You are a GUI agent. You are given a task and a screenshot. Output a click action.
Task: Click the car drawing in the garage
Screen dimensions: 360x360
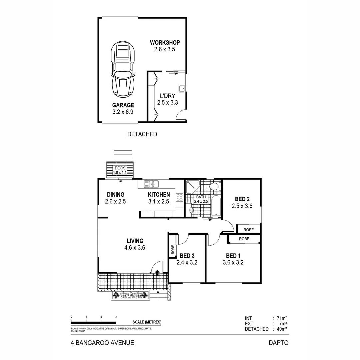coord(123,69)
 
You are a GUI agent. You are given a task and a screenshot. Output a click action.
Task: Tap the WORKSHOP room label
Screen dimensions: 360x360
coord(165,43)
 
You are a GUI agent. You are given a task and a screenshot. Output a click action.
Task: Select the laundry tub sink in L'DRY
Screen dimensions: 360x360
coord(182,88)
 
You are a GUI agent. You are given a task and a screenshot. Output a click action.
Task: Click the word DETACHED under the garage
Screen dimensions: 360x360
coord(142,134)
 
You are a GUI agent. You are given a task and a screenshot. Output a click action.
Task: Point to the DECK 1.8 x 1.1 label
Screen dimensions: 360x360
coord(120,170)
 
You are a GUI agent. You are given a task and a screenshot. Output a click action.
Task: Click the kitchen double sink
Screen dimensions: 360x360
coord(152,183)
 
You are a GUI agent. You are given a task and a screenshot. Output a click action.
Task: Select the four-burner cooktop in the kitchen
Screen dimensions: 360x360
coord(180,197)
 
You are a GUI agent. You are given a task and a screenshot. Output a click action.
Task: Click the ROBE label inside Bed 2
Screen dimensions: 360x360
coord(248,230)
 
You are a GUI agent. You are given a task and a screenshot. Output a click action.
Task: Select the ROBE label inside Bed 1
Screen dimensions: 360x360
coord(244,239)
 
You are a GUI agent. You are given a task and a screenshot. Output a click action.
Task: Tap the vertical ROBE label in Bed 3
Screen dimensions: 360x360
coord(173,250)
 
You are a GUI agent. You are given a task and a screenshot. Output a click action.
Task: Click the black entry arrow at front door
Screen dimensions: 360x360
coord(157,273)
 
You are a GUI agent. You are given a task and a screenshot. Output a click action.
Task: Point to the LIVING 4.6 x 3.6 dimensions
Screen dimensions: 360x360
coord(135,248)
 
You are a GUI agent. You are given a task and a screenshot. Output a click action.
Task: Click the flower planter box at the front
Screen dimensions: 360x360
coord(130,295)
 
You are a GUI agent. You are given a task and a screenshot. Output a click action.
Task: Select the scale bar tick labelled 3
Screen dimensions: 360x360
coord(116,317)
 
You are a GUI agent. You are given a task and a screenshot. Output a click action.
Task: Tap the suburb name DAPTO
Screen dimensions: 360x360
coord(278,343)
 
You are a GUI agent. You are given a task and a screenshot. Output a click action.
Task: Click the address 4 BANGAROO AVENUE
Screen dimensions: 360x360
coord(102,343)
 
